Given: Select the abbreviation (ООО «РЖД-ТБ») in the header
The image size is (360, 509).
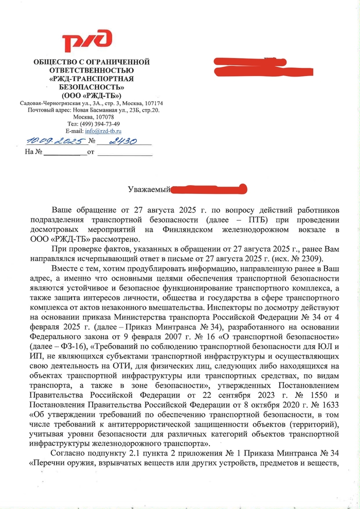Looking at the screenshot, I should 91,96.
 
